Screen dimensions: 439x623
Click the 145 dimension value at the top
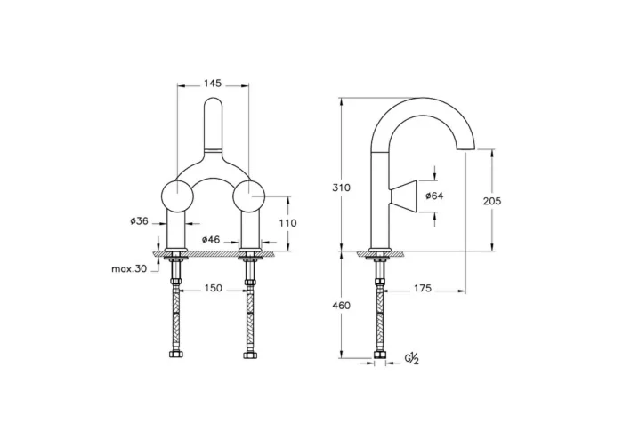213,83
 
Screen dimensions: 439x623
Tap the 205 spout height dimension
491,201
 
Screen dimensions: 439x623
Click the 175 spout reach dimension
421,289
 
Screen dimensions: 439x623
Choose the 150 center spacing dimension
213,289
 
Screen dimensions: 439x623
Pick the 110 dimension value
287,223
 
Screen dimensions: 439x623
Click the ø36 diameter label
138,222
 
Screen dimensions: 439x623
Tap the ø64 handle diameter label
435,196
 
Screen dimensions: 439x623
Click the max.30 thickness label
130,268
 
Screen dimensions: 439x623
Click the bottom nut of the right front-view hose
250,357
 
